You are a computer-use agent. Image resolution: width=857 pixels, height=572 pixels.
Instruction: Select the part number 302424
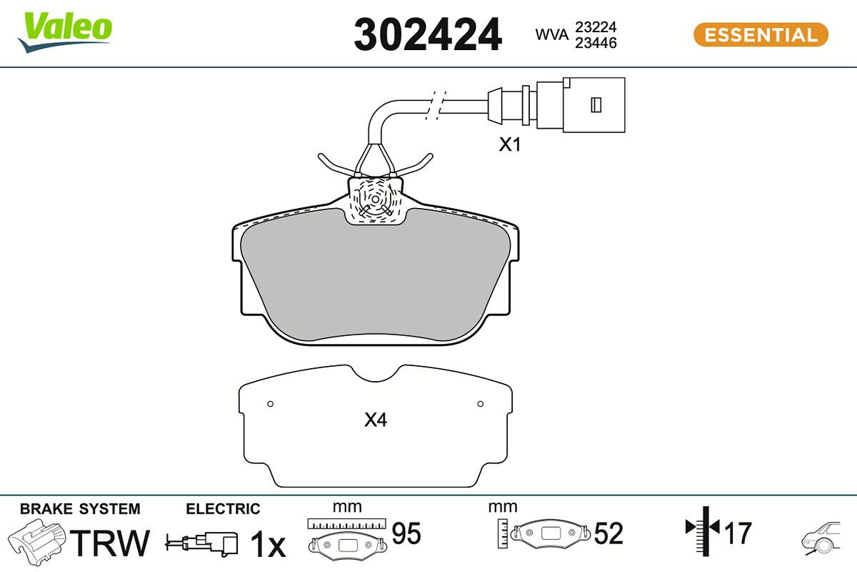[x=428, y=35]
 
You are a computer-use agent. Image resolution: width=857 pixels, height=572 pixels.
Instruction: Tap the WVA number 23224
[x=596, y=27]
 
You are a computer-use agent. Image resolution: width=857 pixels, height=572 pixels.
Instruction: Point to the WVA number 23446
[x=596, y=44]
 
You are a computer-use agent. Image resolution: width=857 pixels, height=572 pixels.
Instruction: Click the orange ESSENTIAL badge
[x=761, y=35]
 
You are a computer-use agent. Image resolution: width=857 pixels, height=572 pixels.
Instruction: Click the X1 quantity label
[x=510, y=145]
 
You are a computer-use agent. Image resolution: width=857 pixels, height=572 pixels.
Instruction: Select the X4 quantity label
[x=376, y=420]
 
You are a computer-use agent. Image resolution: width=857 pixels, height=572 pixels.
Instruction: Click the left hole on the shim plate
[x=270, y=404]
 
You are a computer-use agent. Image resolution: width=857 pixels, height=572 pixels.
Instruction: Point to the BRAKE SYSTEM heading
[x=80, y=509]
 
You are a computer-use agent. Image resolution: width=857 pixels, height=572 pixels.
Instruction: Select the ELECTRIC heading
[x=223, y=509]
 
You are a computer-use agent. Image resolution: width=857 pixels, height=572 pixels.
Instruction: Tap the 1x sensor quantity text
[x=268, y=546]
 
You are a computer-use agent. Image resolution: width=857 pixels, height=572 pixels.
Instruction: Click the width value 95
[x=406, y=533]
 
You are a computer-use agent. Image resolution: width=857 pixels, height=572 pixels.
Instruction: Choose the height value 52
[x=608, y=533]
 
